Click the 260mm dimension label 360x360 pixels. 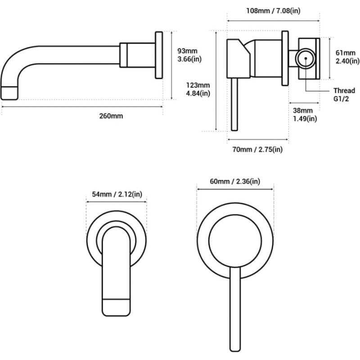click(111, 116)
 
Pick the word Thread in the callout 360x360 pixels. click(344, 90)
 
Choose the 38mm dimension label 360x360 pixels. click(302, 111)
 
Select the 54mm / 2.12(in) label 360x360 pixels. click(117, 194)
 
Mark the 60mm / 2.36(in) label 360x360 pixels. click(235, 181)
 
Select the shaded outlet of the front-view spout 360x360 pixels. click(116, 307)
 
